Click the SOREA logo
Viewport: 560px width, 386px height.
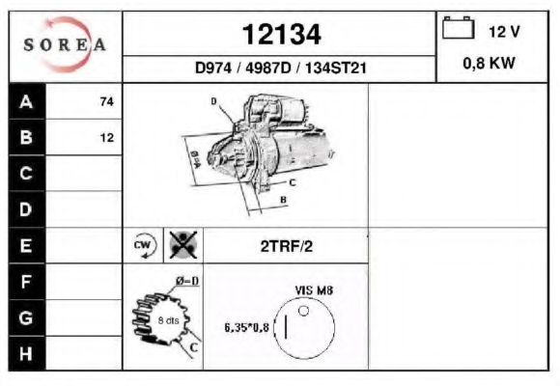pos(65,44)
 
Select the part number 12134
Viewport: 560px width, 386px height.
pos(281,35)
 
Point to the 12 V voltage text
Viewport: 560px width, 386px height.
pos(504,32)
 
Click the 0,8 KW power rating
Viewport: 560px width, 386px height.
pos(490,63)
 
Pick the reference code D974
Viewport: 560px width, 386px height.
pos(213,68)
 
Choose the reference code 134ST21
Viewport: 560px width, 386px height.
pos(336,68)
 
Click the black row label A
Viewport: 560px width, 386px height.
pos(27,101)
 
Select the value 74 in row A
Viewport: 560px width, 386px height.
pos(107,101)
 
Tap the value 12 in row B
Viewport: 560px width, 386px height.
pos(107,138)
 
